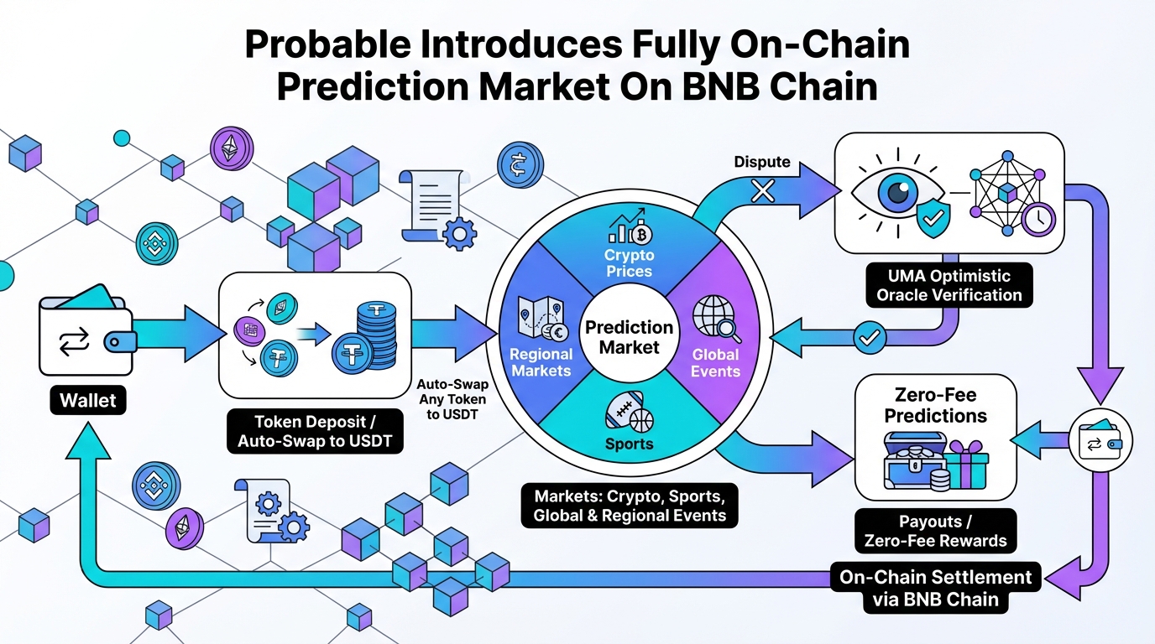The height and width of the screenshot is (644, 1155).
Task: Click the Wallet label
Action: point(87,400)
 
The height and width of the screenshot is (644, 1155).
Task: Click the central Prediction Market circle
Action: point(630,336)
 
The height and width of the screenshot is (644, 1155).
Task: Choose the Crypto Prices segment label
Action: point(630,262)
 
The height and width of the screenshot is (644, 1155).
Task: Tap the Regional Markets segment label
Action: point(541,362)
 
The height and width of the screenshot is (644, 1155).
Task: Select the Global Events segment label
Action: point(716,362)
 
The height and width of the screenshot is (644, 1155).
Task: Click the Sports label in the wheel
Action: point(630,444)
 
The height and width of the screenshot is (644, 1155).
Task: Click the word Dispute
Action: point(762,162)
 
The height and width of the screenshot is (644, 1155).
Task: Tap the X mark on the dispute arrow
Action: point(762,192)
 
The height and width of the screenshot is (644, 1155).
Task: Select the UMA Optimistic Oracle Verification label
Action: point(949,285)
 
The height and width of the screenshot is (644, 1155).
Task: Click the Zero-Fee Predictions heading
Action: point(935,405)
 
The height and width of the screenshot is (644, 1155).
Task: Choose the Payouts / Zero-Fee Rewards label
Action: point(935,530)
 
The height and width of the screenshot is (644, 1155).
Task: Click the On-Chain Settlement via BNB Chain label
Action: point(935,588)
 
